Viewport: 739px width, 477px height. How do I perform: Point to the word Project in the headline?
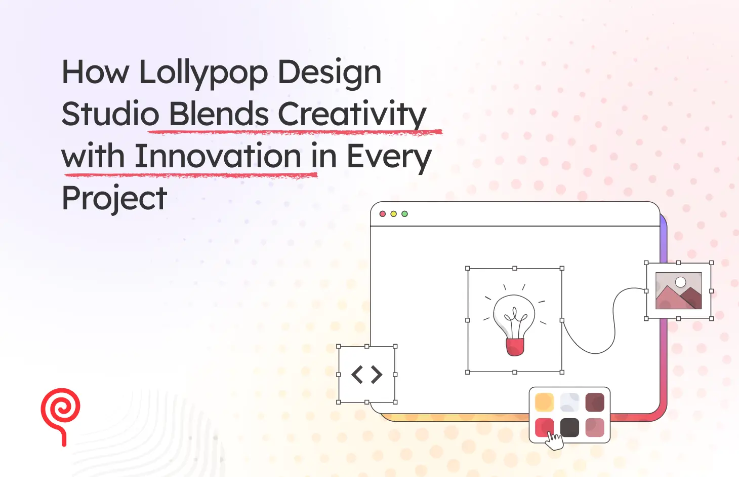click(x=114, y=198)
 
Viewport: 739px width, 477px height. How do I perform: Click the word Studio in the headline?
click(x=110, y=115)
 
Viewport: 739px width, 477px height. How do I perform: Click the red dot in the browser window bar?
click(x=383, y=214)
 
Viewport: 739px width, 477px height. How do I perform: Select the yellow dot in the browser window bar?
click(x=393, y=214)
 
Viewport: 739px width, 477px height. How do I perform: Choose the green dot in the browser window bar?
click(x=404, y=214)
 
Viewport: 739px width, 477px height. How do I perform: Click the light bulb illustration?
click(x=514, y=319)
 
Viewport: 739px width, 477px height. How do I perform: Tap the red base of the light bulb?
click(x=515, y=347)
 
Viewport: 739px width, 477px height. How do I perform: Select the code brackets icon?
click(x=367, y=375)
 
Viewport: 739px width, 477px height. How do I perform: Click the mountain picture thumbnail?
click(x=678, y=291)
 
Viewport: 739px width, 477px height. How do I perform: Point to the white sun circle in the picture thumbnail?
click(x=681, y=282)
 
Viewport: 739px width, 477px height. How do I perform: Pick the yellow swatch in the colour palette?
click(x=544, y=402)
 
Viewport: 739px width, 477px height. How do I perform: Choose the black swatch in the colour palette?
click(x=569, y=427)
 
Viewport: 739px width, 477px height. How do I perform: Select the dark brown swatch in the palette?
click(x=595, y=402)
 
